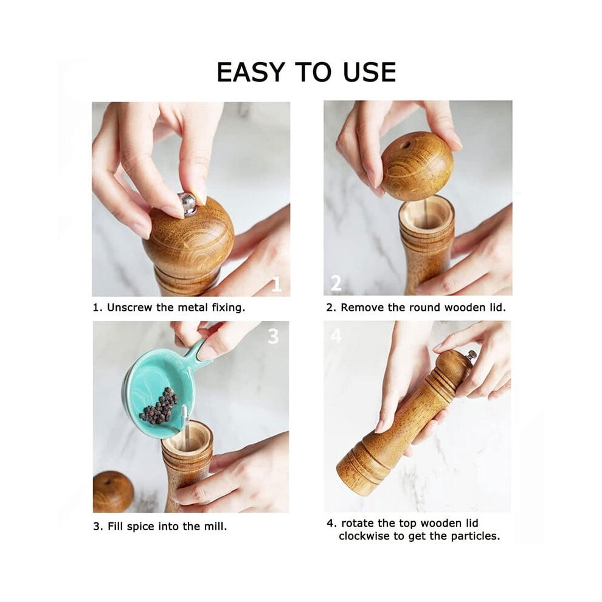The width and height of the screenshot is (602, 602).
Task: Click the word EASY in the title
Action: pyautogui.click(x=251, y=72)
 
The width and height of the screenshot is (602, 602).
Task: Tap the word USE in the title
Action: pyautogui.click(x=369, y=72)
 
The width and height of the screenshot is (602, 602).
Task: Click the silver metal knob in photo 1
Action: pyautogui.click(x=187, y=203)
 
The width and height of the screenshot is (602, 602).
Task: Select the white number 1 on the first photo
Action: pyautogui.click(x=277, y=285)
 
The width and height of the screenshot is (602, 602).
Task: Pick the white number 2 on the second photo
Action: pyautogui.click(x=336, y=283)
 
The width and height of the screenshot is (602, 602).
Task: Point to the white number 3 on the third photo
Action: pyautogui.click(x=273, y=336)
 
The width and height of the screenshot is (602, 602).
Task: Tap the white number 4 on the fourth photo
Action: pyautogui.click(x=336, y=336)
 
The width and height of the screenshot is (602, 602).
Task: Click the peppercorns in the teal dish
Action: pyautogui.click(x=159, y=406)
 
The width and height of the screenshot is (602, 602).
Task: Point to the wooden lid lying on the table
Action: pyautogui.click(x=113, y=492)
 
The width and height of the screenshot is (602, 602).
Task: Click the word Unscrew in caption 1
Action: pyautogui.click(x=130, y=308)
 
